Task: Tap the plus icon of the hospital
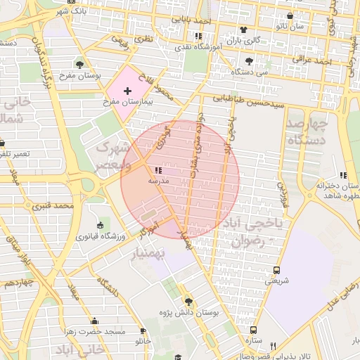coord(127,91)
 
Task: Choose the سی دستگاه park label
coord(253,72)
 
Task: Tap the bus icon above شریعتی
coord(276,269)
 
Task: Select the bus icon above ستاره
coord(253,329)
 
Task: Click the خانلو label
coord(143,341)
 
